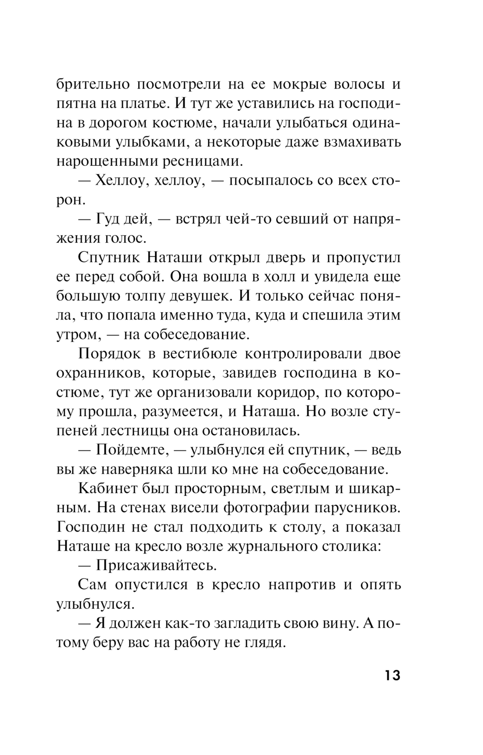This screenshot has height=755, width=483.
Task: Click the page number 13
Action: point(393,675)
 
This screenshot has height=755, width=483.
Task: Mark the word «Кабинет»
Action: point(109,488)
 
